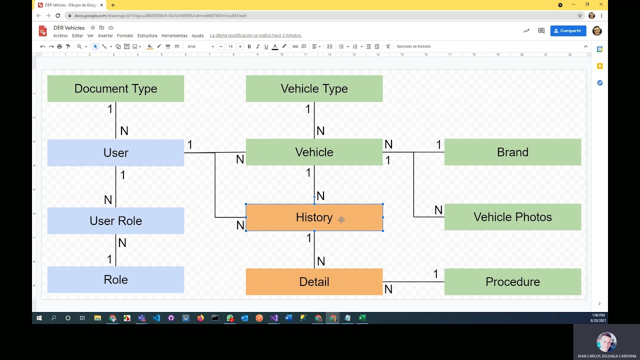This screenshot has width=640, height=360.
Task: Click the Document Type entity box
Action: (x=115, y=88)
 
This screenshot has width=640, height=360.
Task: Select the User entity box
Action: (x=115, y=152)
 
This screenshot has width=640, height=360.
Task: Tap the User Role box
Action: (x=115, y=220)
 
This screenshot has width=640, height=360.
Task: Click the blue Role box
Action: (x=115, y=279)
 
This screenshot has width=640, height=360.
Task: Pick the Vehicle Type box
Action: (x=314, y=88)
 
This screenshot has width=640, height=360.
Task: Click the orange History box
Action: (x=314, y=217)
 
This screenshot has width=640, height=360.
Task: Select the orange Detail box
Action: (x=314, y=281)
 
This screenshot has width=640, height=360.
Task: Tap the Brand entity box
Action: (x=512, y=152)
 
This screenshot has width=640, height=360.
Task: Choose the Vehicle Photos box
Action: (x=512, y=217)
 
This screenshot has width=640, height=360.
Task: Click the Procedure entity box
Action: (x=512, y=281)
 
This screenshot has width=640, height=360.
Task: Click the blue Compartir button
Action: (x=568, y=31)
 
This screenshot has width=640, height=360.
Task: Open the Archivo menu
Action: (x=60, y=36)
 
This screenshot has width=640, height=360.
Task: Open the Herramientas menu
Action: (x=174, y=36)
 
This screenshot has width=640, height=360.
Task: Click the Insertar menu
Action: (x=105, y=36)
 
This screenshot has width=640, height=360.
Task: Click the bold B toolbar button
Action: (x=249, y=46)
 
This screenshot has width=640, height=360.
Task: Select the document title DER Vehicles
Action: (x=69, y=28)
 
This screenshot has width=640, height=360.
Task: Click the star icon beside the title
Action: (x=93, y=28)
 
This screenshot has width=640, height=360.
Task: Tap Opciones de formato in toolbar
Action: (x=413, y=46)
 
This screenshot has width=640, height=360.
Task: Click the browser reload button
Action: (x=57, y=15)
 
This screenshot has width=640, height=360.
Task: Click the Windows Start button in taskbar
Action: (x=39, y=318)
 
